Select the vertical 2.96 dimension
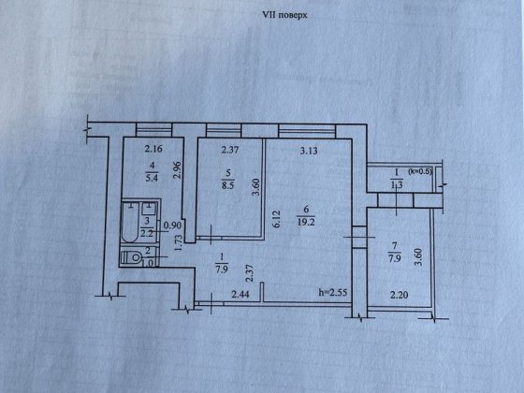click(178, 169)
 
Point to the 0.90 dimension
click(171, 226)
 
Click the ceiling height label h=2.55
click(335, 294)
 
